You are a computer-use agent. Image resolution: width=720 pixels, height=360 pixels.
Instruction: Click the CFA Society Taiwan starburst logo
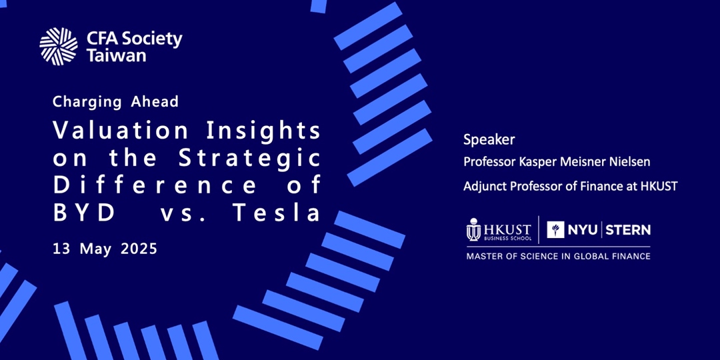coord(58,47)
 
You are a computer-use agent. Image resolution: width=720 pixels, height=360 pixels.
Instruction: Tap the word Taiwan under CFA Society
coord(117,56)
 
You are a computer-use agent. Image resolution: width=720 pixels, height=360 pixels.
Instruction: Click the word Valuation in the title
coord(121,131)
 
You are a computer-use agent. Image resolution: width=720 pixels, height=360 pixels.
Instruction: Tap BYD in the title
coord(83,213)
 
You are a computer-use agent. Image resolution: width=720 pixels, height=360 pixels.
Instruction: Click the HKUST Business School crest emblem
coord(473,229)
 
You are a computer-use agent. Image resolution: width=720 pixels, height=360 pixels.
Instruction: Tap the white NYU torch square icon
coord(555,229)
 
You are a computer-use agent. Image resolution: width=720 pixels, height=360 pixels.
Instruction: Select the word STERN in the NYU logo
coord(628,229)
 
